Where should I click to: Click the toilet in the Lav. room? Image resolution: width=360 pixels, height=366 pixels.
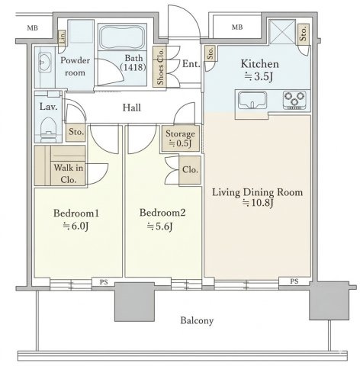(x=48, y=129)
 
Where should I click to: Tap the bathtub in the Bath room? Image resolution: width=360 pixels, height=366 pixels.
(x=122, y=37)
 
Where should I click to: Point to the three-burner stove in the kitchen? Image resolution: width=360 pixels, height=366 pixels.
(x=294, y=101)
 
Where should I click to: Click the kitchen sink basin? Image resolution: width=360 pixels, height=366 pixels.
(x=252, y=100)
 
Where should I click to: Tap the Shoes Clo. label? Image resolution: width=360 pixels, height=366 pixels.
(x=160, y=66)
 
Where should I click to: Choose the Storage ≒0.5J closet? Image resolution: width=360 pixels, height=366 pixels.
(x=180, y=138)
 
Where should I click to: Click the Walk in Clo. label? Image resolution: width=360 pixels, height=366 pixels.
(x=68, y=174)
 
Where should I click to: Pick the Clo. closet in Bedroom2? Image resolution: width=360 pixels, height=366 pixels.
(x=190, y=170)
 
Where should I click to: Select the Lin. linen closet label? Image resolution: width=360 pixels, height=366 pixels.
(x=63, y=38)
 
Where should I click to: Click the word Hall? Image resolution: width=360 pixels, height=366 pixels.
(x=132, y=108)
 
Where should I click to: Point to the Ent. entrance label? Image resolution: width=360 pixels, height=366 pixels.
(x=191, y=64)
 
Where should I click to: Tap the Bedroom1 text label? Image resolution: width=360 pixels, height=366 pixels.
(x=76, y=213)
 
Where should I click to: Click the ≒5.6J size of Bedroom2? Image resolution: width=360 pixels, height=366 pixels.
(x=160, y=226)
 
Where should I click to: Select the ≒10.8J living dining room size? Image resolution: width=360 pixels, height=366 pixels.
(x=258, y=203)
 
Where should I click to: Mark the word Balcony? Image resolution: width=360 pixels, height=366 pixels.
(x=197, y=321)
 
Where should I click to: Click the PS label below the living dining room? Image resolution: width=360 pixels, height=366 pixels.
(x=294, y=281)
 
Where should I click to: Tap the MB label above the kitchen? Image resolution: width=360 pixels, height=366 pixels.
(x=237, y=27)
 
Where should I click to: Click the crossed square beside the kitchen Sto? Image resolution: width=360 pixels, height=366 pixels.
(x=282, y=32)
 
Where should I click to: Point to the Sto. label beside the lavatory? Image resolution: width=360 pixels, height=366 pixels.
(x=76, y=132)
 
